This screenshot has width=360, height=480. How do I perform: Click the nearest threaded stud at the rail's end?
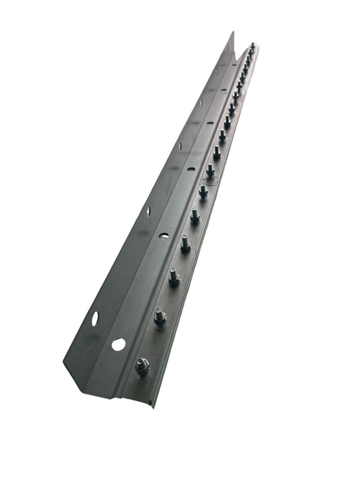[143, 366]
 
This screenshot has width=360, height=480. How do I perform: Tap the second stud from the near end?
[159, 316]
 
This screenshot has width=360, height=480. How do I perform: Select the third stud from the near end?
[174, 276]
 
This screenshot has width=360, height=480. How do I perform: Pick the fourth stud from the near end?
[185, 242]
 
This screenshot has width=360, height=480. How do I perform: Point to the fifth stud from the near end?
[195, 215]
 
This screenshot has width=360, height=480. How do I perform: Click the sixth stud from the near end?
[203, 190]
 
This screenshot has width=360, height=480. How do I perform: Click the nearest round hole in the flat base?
[118, 344]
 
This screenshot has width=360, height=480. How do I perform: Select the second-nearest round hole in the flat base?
[163, 235]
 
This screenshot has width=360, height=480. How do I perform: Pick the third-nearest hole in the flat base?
[191, 168]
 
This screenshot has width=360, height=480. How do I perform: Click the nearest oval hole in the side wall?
[95, 318]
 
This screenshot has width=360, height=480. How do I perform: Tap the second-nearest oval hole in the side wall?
[149, 211]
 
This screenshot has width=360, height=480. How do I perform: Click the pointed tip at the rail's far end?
[232, 32]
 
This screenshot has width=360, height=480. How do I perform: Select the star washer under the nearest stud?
[143, 371]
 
